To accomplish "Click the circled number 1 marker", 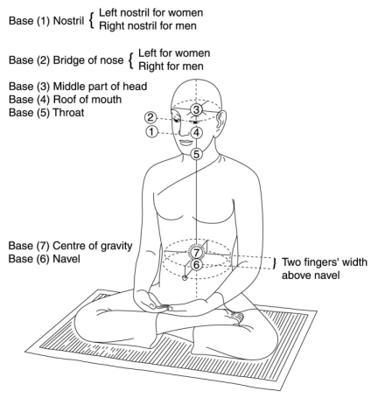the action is click(151, 132).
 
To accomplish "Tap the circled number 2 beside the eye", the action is click(150, 117).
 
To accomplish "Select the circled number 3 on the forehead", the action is click(196, 109).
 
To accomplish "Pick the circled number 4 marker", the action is click(197, 133).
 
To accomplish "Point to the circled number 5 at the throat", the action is click(197, 154).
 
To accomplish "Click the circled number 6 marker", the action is click(197, 265).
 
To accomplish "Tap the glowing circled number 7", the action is click(197, 252).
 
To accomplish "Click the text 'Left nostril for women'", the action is click(151, 12).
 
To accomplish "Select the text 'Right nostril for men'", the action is click(148, 25).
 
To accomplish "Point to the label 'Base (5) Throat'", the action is click(46, 113).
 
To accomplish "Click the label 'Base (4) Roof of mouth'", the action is click(65, 100).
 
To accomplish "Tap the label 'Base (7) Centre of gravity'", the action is click(70, 246).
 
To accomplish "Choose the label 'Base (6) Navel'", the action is click(44, 259).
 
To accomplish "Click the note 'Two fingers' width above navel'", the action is click(325, 269).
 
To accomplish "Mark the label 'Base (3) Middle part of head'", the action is click(78, 87).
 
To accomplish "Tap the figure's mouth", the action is click(185, 143).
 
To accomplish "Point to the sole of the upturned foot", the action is click(234, 317).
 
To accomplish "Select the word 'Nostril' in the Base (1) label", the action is click(68, 21).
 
